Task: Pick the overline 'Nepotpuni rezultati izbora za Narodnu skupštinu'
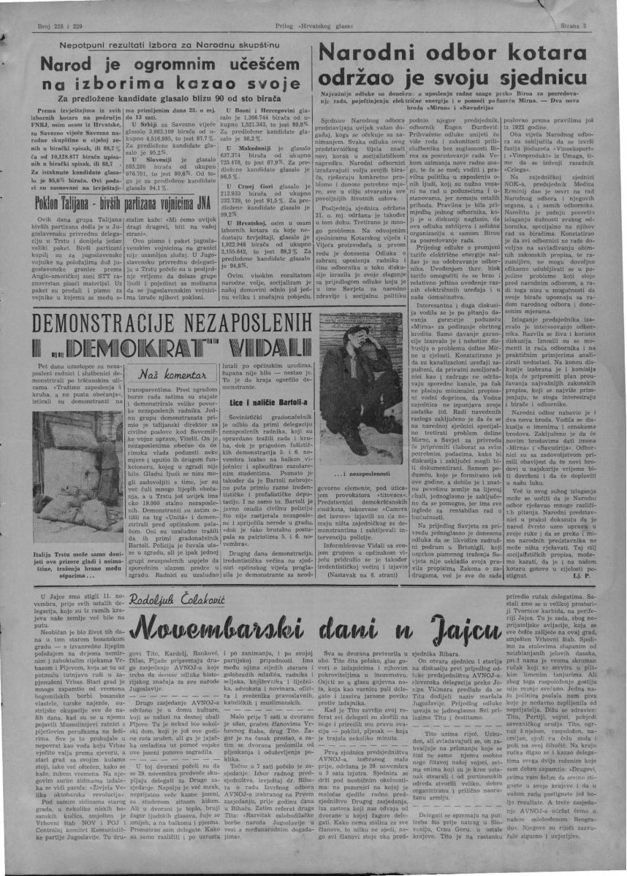159,45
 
